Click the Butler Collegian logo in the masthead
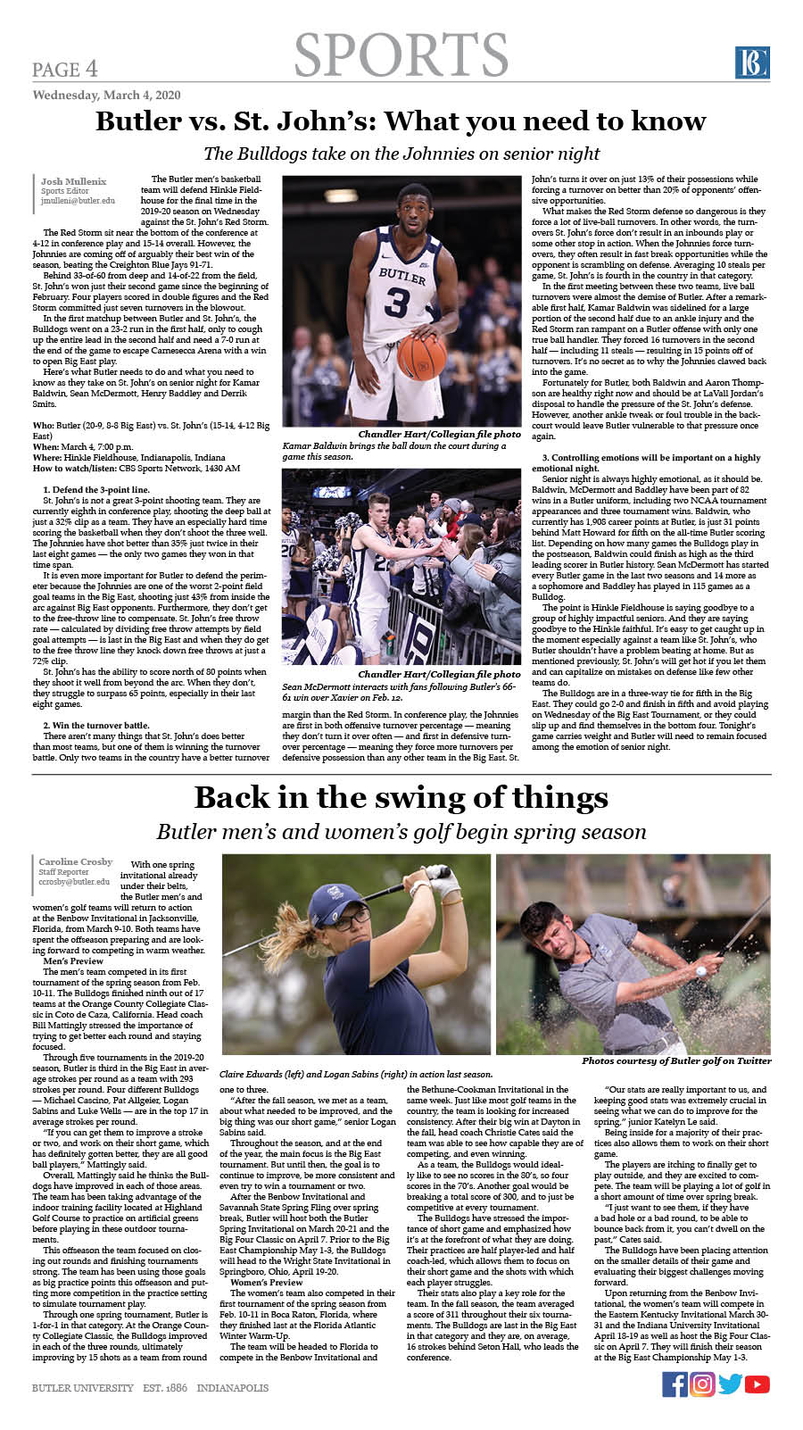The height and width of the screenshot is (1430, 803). [752, 63]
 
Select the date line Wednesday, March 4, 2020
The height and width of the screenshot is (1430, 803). [106, 95]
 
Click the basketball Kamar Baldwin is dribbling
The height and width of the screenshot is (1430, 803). [422, 354]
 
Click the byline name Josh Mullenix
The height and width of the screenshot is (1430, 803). [73, 182]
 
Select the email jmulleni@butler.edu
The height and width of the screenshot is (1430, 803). [78, 202]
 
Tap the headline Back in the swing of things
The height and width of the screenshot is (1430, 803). [401, 796]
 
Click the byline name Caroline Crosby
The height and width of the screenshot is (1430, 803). [76, 861]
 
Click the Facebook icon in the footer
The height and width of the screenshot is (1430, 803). [675, 1384]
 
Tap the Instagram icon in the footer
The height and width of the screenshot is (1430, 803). [702, 1384]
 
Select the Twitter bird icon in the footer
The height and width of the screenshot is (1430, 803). [730, 1384]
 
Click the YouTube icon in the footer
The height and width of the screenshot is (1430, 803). [757, 1384]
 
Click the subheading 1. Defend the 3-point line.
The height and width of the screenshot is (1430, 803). [96, 490]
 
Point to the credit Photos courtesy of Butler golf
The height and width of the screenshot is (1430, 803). [676, 1060]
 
